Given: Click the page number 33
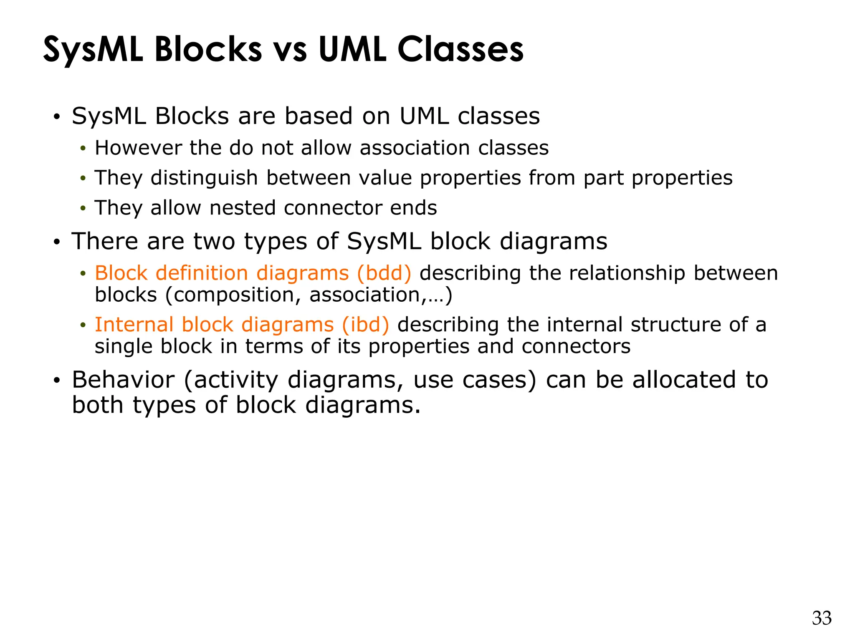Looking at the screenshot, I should [x=821, y=618].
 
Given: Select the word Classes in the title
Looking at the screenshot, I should [x=460, y=50].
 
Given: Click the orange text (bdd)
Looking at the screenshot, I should [x=384, y=273].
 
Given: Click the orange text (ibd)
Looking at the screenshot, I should [x=365, y=325].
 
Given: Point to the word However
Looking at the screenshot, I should [x=138, y=148].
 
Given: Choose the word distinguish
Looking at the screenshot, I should [x=204, y=178].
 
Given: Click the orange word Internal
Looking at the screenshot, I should [x=134, y=325].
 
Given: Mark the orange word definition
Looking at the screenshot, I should [x=202, y=273].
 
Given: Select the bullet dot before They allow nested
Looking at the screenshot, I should [x=83, y=208].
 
